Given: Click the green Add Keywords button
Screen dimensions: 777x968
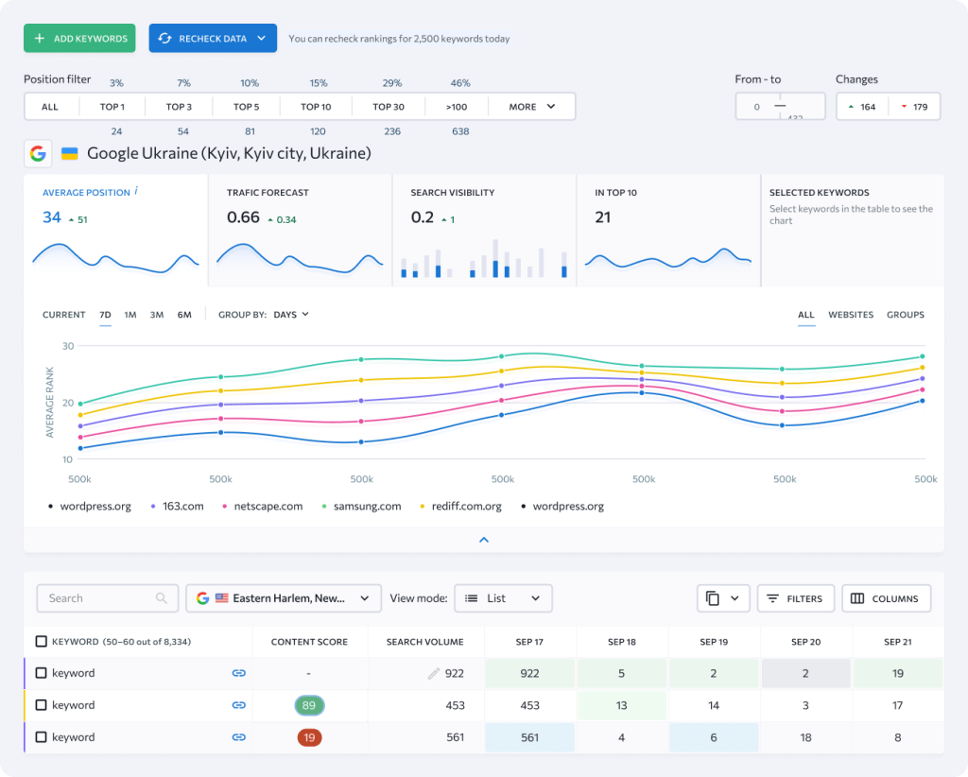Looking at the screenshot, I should pos(79,39).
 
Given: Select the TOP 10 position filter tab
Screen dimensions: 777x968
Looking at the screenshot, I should pos(316,107).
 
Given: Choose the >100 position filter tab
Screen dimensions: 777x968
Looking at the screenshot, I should pos(457,107).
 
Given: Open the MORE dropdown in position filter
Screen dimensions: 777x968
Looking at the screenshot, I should pos(532,107).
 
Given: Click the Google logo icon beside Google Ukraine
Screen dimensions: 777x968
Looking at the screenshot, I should pos(38,153).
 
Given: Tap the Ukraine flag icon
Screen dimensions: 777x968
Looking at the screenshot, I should pos(69,153).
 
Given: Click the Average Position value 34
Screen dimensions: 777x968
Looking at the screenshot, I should pos(52,217).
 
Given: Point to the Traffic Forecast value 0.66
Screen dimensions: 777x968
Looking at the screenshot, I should pos(243,217).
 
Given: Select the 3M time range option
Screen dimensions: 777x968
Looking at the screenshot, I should pos(157,315).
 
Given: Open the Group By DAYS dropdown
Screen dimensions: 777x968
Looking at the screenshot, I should pos(290,315).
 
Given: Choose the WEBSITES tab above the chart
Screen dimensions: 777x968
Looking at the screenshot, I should pos(851,315).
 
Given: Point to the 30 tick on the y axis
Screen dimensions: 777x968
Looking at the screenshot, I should pos(67,346).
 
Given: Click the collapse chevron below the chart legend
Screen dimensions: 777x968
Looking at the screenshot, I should pos(484,540).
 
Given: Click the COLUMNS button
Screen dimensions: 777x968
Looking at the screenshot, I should pos(886,598).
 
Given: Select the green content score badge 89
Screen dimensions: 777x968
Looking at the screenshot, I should pos(309,705).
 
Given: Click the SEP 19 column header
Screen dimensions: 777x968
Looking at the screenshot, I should pos(714,642).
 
